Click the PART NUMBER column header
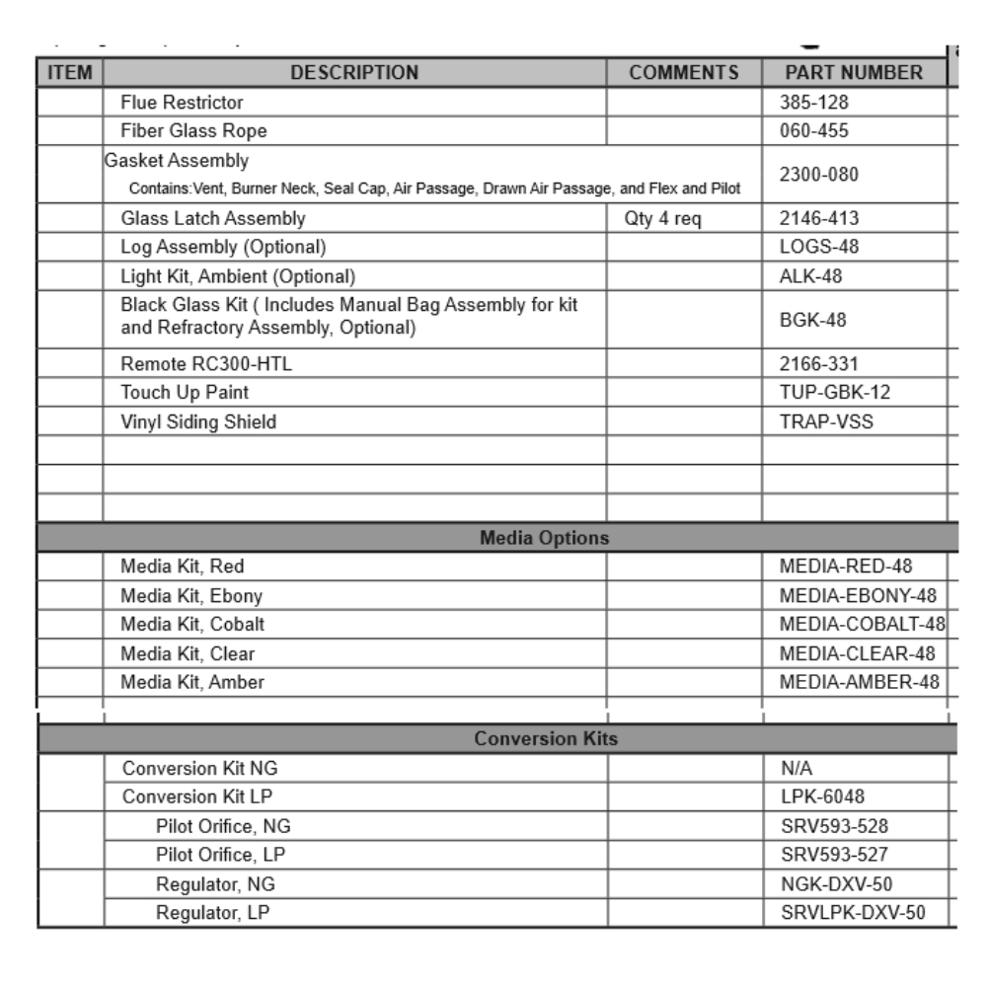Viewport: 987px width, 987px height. [854, 72]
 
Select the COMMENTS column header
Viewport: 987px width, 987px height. [684, 72]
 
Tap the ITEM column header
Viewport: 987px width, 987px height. [70, 72]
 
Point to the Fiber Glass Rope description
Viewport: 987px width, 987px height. [193, 130]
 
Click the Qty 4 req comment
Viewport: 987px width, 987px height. [662, 219]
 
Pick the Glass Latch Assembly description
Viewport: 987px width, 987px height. [213, 219]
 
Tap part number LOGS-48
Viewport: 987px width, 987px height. [811, 246]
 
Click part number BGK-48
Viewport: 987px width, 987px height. [805, 320]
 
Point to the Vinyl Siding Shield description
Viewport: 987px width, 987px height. [198, 422]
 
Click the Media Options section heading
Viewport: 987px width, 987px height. [544, 538]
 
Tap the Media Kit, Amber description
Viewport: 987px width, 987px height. [192, 681]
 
